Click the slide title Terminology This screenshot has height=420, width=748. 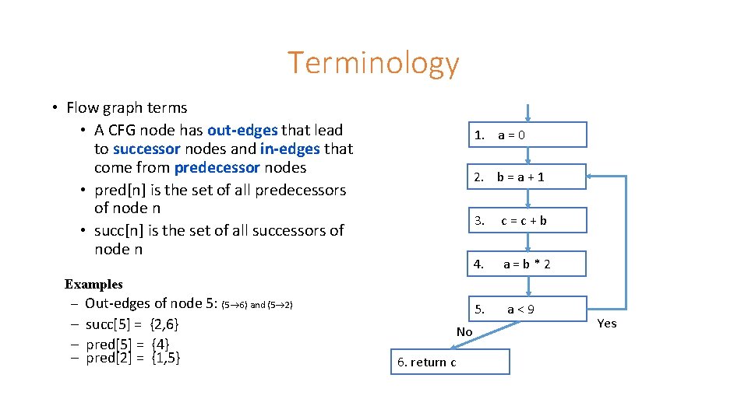(373, 63)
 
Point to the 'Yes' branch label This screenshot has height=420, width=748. (606, 324)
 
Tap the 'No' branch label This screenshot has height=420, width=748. (464, 332)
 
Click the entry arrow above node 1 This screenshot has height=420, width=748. (527, 113)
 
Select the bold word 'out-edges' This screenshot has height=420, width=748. (242, 130)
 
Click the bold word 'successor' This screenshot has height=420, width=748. (146, 149)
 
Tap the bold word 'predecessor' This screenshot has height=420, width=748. (217, 167)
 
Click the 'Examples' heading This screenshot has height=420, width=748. (93, 284)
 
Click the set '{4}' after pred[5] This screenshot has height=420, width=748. (161, 344)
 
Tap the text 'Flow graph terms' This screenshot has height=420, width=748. (127, 107)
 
